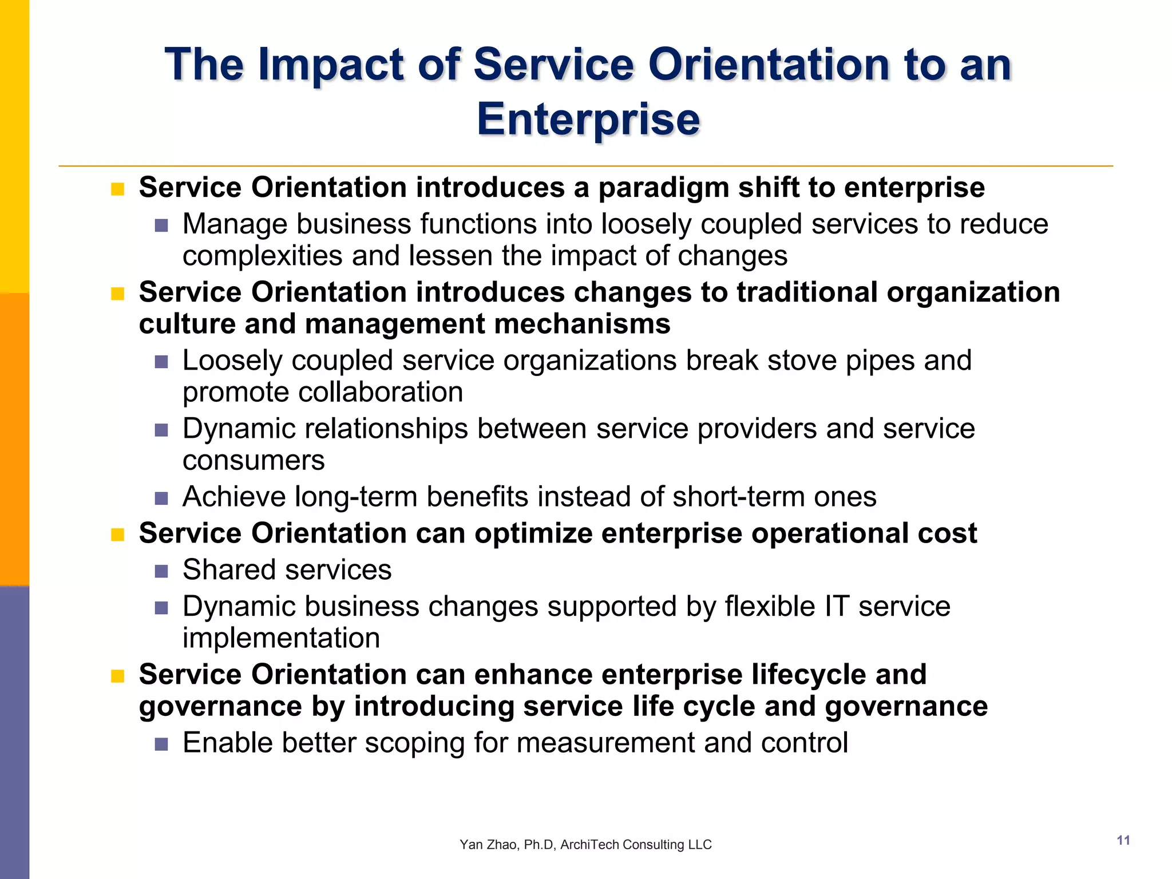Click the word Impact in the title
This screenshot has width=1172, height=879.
point(331,65)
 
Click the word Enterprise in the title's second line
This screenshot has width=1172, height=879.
point(588,119)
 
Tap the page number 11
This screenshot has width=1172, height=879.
point(1123,840)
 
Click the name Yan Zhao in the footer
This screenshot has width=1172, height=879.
point(488,845)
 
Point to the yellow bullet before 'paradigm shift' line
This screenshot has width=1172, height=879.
point(118,189)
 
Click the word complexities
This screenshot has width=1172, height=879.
point(262,255)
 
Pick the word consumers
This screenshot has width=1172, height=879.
point(253,460)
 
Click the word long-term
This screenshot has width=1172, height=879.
point(355,497)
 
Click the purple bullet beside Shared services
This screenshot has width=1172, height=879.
point(161,571)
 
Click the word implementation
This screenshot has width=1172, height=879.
point(281,638)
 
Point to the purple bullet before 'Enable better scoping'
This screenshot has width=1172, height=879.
point(161,744)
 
